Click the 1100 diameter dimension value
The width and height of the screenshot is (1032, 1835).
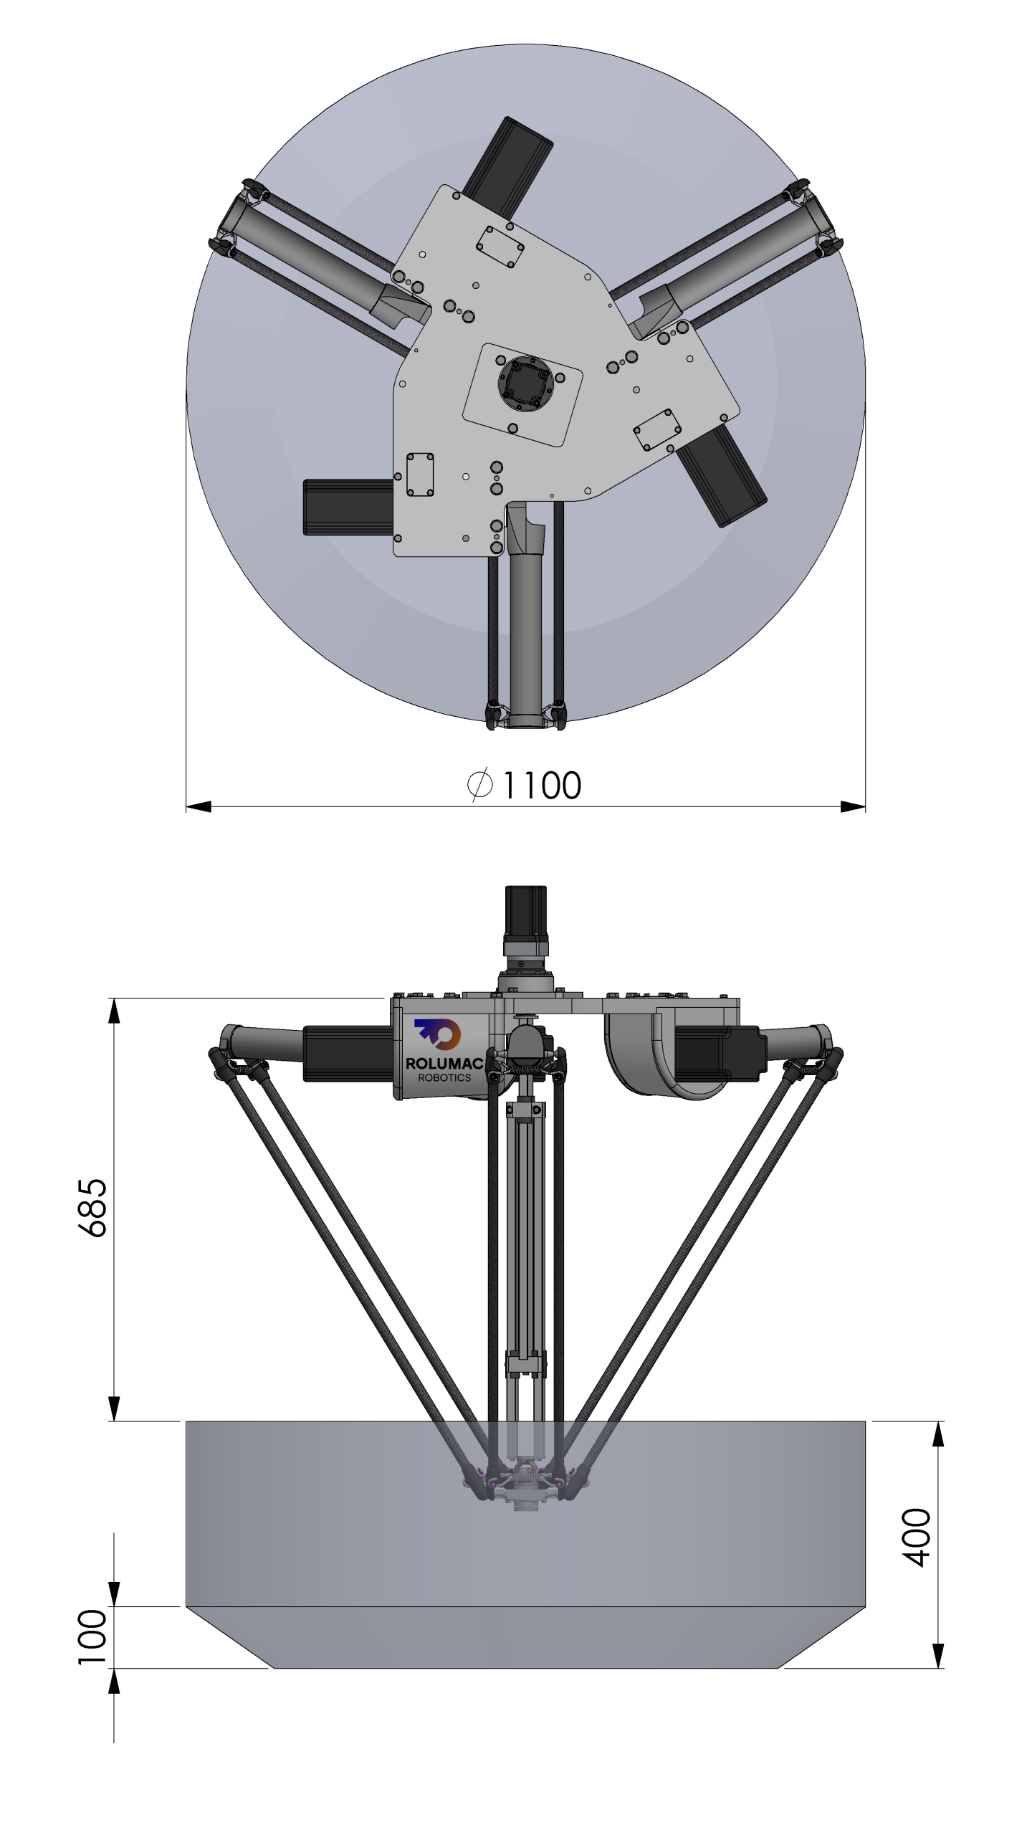point(542,785)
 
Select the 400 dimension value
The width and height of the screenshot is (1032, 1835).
point(917,1537)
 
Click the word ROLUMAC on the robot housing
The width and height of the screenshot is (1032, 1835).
point(444,1064)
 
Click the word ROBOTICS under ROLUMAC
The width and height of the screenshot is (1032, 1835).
point(444,1077)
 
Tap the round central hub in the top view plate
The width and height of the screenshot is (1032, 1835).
point(526,383)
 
